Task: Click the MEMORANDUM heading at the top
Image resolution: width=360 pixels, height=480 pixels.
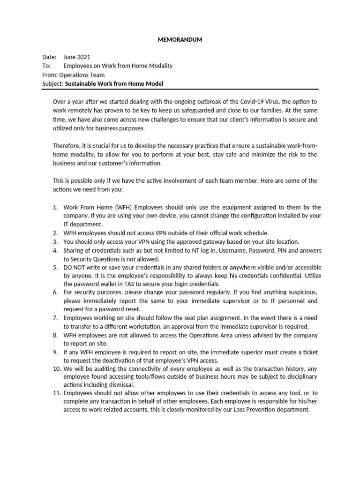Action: (x=180, y=40)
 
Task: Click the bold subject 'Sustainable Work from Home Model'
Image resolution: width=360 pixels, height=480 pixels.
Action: (x=114, y=84)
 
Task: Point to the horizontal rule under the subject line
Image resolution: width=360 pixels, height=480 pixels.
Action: (x=180, y=89)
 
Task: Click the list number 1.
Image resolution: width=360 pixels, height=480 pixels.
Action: (x=54, y=207)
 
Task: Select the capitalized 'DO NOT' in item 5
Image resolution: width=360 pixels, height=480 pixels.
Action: (x=74, y=268)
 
